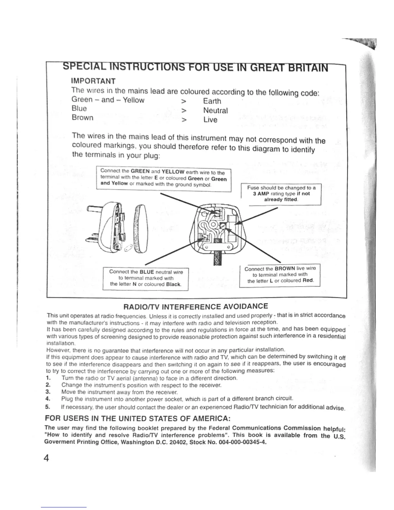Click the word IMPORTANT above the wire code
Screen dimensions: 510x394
(93, 81)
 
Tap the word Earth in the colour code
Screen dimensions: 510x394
(212, 101)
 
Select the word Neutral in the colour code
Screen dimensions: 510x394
(215, 110)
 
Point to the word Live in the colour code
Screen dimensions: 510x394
(210, 120)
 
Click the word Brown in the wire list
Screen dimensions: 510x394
(82, 118)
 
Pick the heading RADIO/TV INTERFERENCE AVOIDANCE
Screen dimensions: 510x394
(196, 306)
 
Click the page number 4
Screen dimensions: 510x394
(47, 458)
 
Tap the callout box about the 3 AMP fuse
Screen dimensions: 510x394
(281, 194)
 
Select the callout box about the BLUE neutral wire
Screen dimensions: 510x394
(145, 278)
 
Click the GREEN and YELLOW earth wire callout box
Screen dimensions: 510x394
(164, 177)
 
